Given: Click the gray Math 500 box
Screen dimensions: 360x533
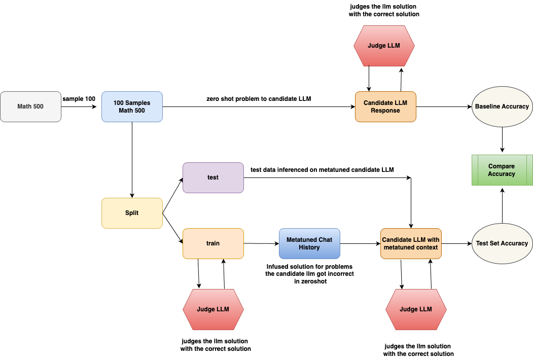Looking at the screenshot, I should (30, 106).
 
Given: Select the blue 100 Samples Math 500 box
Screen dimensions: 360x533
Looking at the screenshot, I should (132, 106).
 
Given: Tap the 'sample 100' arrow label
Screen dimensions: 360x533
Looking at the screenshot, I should (79, 98).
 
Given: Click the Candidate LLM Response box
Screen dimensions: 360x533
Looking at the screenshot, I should (385, 106).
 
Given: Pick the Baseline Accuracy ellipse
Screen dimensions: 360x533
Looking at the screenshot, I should (502, 106).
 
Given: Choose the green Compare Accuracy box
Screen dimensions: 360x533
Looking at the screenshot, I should (502, 170).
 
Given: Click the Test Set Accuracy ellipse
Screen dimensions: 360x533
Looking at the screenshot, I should (502, 243).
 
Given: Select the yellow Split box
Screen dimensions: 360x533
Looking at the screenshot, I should (132, 213).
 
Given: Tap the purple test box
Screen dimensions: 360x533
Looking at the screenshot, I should (213, 177).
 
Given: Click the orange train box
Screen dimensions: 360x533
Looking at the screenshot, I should (213, 243).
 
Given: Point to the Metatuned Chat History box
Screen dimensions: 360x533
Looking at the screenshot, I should (309, 243).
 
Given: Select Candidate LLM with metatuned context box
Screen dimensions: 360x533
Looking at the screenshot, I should (411, 243).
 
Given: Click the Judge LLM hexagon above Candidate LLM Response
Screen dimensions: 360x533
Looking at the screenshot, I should (383, 46).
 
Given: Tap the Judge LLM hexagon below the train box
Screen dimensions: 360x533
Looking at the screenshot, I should (213, 309).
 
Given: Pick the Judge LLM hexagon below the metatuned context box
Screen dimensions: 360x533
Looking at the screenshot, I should (416, 309).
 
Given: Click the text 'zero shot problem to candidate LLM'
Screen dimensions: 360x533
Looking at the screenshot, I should (259, 99).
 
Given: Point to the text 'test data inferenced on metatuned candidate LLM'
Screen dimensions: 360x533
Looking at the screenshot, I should (322, 169).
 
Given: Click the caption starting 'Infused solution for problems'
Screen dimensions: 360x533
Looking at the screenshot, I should (309, 274).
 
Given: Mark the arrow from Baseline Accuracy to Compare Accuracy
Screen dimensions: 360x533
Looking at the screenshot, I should (502, 138).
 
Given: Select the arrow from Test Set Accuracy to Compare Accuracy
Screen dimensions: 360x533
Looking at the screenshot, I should (502, 205).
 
